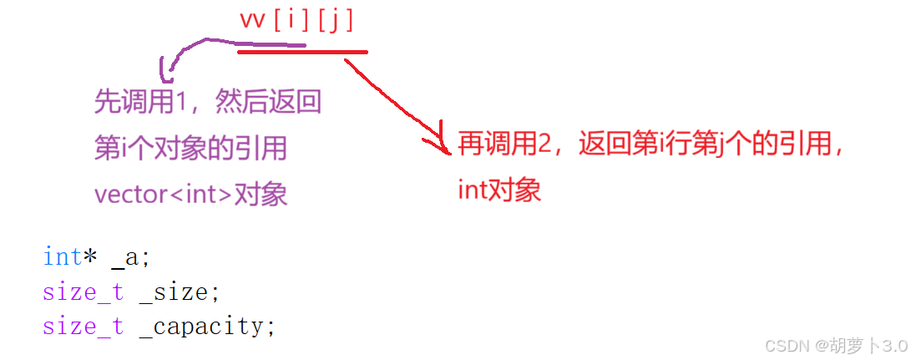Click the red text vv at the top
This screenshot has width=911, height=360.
click(251, 20)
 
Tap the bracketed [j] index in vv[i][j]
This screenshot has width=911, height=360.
click(337, 20)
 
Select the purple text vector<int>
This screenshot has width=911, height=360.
click(163, 195)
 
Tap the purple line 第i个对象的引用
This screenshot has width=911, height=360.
click(191, 149)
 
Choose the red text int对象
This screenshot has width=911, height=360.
click(499, 190)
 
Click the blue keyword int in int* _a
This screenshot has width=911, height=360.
click(62, 257)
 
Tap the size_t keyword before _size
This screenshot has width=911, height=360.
click(83, 292)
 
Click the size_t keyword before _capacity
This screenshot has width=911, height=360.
click(83, 326)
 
